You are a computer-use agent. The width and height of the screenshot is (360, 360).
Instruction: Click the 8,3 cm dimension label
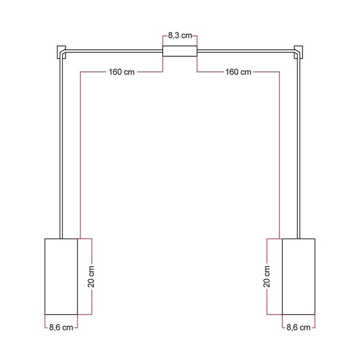[179, 35]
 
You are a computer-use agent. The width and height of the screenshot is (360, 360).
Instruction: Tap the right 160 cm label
[237, 72]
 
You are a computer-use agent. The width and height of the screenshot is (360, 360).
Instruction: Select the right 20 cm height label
[267, 276]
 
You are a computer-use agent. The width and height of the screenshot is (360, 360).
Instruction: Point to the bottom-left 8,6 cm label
[62, 327]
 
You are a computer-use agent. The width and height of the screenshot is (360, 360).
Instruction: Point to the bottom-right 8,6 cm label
[298, 327]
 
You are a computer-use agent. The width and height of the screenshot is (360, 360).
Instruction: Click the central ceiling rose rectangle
[179, 51]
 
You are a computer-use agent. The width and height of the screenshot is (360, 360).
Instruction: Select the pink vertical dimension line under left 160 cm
[79, 157]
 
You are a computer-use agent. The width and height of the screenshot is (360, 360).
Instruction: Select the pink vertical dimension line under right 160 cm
[280, 157]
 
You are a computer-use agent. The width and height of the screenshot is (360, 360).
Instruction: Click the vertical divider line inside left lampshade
[77, 276]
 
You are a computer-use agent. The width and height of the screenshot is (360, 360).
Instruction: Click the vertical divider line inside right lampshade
[282, 276]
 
